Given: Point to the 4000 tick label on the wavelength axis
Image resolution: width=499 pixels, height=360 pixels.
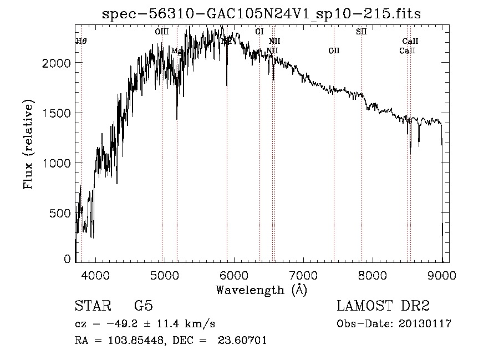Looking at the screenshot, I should (95, 275).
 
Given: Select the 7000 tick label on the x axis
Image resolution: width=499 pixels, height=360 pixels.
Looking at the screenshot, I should (303, 275).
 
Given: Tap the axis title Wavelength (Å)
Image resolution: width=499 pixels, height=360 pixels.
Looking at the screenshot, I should (261, 290).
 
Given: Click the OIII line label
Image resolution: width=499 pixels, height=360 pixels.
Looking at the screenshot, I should (162, 32).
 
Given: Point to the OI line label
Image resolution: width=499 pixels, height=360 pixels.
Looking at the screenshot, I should (259, 32).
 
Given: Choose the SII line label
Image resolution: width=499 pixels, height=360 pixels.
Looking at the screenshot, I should (361, 32).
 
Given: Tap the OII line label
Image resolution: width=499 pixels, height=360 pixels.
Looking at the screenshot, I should (334, 51).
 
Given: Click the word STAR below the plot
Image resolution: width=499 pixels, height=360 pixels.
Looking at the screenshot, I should (92, 306).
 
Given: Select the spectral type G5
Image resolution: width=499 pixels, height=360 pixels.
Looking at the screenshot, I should (144, 306).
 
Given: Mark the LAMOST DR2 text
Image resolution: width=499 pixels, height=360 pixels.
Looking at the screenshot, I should (383, 306).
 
